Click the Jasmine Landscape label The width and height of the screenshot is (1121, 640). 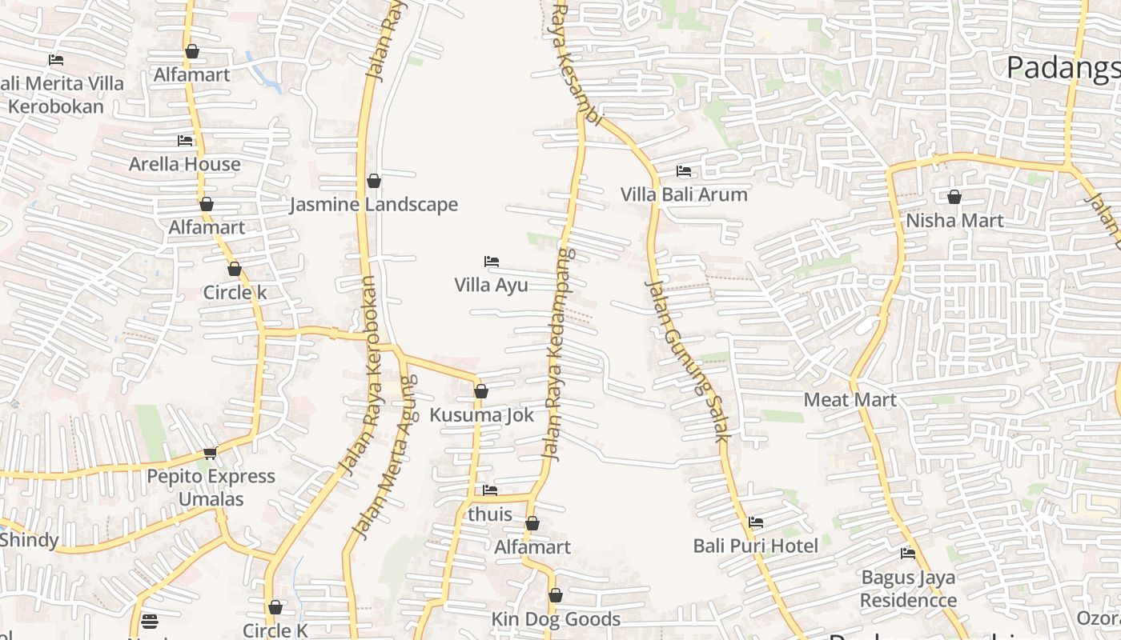[x=373, y=205]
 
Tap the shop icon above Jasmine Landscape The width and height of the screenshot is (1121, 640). [x=373, y=182]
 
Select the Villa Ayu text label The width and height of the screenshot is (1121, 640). [x=491, y=285]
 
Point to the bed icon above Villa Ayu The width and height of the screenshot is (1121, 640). [x=492, y=262]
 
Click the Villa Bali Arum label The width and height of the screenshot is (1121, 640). [x=684, y=194]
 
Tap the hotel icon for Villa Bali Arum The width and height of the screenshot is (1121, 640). [x=684, y=171]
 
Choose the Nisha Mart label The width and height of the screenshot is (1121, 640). [x=954, y=220]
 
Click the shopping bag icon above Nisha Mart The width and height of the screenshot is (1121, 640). [x=954, y=197]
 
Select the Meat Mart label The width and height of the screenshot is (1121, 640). [x=850, y=399]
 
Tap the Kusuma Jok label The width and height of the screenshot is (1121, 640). [x=481, y=415]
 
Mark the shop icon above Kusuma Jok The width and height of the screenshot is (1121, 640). [x=480, y=391]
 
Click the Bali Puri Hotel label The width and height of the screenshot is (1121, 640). [x=755, y=546]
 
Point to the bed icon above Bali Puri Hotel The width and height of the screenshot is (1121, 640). [x=755, y=522]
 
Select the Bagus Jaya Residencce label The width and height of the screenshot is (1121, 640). [x=908, y=588]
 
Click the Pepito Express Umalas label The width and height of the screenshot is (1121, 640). [x=211, y=487]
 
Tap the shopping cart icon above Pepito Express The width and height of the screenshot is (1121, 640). [x=210, y=454]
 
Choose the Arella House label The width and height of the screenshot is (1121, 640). [x=185, y=164]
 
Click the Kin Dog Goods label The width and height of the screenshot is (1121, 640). [x=556, y=619]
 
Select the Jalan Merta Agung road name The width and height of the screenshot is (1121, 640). [x=385, y=458]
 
